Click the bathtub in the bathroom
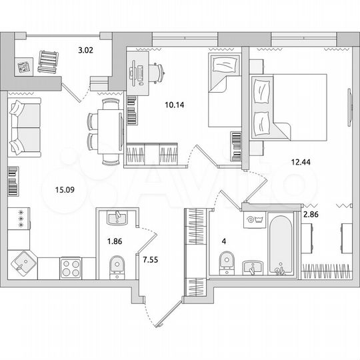click(x=281, y=243)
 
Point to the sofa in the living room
click(x=25, y=127)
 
